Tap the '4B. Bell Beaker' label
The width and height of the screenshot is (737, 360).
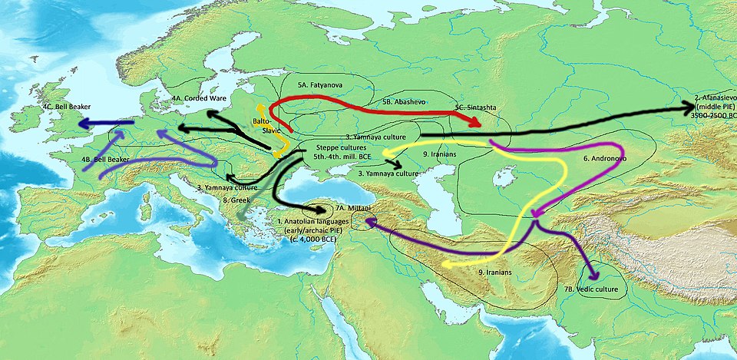(105, 158)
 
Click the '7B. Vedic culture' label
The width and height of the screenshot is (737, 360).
(590, 289)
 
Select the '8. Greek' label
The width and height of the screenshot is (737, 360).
(236, 200)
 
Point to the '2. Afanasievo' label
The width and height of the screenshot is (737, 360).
(715, 98)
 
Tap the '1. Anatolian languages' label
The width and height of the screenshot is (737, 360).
(312, 221)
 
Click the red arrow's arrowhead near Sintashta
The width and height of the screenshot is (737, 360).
(477, 122)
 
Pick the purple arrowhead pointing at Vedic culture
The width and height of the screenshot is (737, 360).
(592, 276)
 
